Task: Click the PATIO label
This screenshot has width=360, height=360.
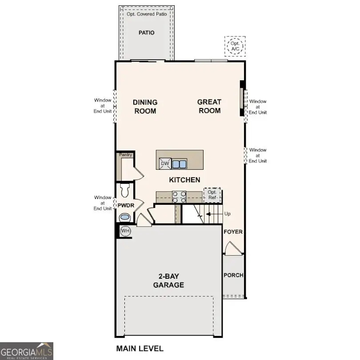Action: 146,32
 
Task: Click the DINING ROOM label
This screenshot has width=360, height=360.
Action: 145,107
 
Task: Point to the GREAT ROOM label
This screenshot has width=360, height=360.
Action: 209,106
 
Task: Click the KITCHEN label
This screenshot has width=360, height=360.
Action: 184,180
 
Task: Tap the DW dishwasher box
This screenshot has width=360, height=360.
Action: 165,164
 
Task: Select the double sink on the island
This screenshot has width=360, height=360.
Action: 180,164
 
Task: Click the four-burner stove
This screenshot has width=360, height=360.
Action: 179,196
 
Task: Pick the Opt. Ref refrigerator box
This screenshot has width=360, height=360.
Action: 212,195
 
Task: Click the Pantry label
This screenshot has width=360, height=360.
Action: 125,155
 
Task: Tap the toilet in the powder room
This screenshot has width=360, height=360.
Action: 124,190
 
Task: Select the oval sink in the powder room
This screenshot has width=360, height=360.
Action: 125,217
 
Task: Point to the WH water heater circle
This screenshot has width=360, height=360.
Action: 125,231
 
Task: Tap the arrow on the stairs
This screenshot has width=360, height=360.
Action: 210,214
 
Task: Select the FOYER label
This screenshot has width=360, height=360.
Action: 233,232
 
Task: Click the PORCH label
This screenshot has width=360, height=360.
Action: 233,275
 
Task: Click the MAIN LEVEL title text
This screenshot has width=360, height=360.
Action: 140,348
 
